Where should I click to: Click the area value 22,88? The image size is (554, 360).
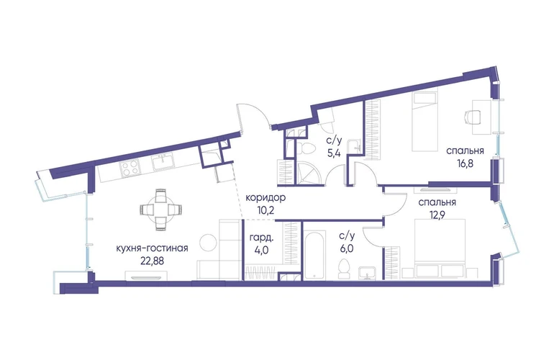(152, 261)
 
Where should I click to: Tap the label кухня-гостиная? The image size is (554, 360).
(152, 248)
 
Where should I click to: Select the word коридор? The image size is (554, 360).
(265, 198)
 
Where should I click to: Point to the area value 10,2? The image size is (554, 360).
(265, 211)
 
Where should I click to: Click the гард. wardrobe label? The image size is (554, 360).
(261, 238)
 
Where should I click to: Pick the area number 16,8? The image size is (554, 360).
(465, 163)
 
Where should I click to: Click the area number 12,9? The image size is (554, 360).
(437, 215)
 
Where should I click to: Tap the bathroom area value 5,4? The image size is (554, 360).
(334, 154)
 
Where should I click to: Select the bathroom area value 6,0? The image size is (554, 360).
(347, 248)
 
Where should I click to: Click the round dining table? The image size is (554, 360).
(160, 210)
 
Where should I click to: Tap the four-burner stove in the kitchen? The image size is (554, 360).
(130, 168)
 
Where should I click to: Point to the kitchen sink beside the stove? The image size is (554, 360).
(163, 163)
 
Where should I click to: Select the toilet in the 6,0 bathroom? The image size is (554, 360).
(344, 269)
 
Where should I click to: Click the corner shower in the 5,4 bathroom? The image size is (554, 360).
(308, 173)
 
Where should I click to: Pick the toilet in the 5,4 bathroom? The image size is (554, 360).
(304, 148)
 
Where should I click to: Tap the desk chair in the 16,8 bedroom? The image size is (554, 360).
(473, 117)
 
